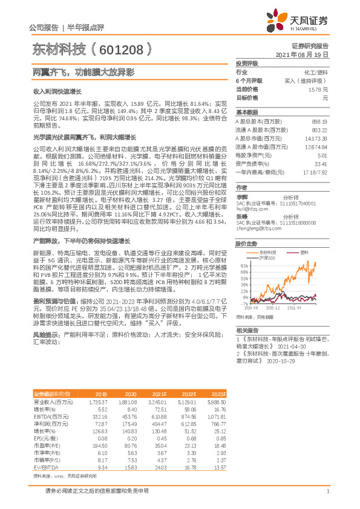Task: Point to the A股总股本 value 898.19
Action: click(x=319, y=122)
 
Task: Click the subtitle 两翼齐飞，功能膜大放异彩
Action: click(x=83, y=72)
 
